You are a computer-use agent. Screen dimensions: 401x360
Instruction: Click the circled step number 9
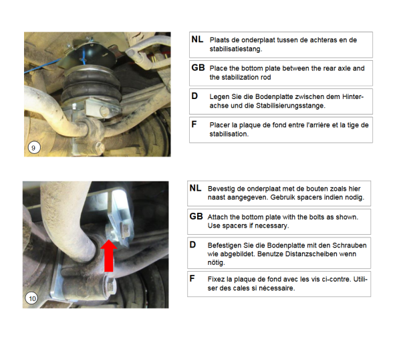pos(34,148)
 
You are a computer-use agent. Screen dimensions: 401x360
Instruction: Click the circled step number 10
pos(31,298)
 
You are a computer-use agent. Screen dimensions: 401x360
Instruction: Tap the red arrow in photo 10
pos(109,256)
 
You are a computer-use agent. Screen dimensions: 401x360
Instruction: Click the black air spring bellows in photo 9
pos(91,84)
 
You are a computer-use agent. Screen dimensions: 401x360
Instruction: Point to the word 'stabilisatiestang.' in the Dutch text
pos(236,49)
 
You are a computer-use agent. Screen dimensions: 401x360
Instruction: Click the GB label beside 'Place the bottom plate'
pos(198,68)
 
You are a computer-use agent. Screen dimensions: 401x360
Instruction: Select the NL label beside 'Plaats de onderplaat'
pos(197,39)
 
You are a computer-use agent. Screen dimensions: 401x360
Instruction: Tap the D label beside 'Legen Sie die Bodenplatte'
pos(194,96)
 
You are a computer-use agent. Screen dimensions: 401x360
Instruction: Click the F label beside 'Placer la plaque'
pos(194,124)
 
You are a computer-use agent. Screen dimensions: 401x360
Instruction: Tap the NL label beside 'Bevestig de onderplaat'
pos(195,188)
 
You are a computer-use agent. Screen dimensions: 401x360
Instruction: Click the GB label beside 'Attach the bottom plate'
pos(196,216)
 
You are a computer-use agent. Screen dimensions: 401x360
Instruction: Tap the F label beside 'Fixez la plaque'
pos(192,278)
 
